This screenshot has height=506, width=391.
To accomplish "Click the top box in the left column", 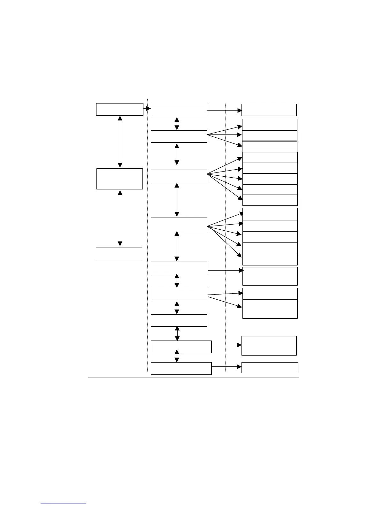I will click(119, 109).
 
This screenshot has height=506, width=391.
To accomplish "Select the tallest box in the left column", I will click(119, 179).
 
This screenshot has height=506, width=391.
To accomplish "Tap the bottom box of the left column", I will click(119, 254).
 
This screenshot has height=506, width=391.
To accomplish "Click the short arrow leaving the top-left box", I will click(147, 109).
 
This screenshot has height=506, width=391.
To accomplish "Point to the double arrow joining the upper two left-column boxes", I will click(120, 142).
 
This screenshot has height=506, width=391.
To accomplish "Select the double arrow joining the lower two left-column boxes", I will click(120, 218).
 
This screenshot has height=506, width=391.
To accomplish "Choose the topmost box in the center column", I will click(179, 110).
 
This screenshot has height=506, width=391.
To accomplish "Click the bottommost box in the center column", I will click(181, 368).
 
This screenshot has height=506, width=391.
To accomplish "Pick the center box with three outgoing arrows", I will click(179, 136).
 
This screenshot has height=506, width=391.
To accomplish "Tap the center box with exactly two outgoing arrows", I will click(179, 294).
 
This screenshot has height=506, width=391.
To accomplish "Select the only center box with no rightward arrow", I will click(179, 320).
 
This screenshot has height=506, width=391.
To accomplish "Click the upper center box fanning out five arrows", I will click(179, 176).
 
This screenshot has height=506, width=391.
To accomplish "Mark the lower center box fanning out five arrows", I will click(179, 224).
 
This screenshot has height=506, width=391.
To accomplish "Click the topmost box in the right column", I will click(269, 110).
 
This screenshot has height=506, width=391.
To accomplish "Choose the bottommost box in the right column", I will click(270, 368).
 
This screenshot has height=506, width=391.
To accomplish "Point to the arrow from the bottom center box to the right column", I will click(226, 367).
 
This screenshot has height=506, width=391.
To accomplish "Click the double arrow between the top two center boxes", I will click(177, 124).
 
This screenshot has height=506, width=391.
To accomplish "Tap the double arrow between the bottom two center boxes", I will click(177, 356).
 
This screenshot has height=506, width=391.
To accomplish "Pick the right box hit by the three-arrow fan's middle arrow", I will click(270, 136).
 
